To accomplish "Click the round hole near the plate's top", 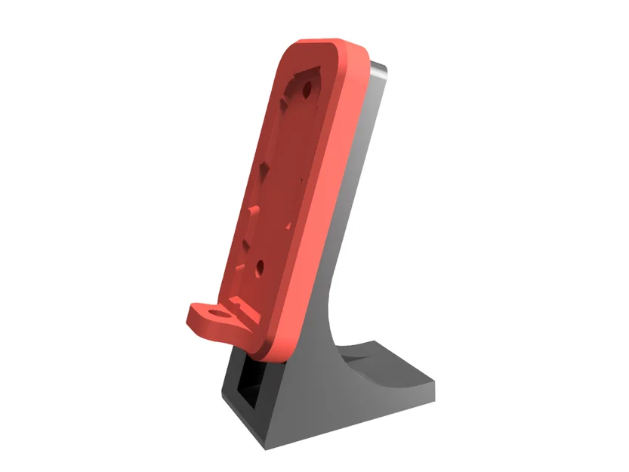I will [x=307, y=90].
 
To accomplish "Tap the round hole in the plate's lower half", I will [x=259, y=267].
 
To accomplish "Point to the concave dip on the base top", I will [x=378, y=362].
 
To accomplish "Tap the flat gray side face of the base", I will [x=340, y=408].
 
